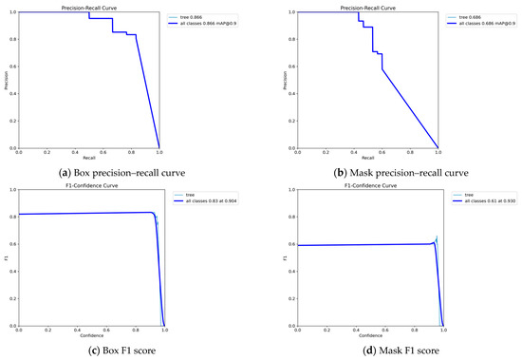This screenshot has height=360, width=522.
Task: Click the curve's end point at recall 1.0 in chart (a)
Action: tap(158, 147)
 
